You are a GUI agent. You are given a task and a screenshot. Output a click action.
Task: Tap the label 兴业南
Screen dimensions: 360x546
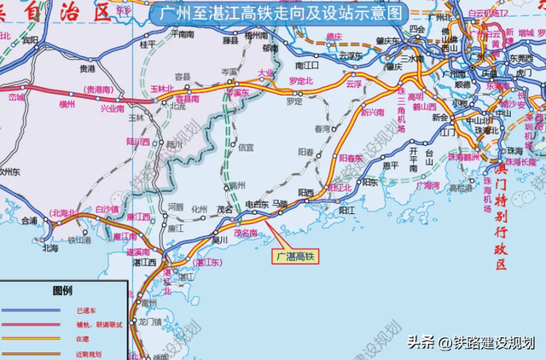(113, 109)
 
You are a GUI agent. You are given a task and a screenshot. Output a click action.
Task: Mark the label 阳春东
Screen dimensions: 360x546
(351, 158)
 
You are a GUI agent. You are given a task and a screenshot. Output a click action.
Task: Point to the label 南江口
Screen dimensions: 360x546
(306, 64)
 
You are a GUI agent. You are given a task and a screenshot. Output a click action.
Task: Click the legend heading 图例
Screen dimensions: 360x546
(64, 290)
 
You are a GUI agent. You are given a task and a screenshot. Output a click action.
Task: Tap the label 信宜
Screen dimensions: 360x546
(246, 147)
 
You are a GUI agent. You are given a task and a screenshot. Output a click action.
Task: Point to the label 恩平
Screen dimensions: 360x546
(391, 165)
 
